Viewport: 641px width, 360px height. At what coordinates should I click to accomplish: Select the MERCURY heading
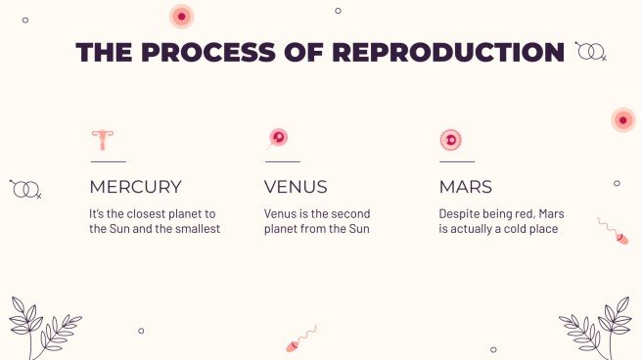click(x=135, y=187)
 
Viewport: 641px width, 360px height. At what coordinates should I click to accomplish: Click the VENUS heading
click(x=296, y=187)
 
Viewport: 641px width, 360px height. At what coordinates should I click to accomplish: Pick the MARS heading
click(x=466, y=187)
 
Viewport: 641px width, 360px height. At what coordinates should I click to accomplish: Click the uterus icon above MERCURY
click(x=102, y=139)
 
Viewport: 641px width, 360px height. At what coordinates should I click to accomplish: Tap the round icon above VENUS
click(x=278, y=138)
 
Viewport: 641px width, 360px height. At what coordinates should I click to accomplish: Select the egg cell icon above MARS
click(x=450, y=140)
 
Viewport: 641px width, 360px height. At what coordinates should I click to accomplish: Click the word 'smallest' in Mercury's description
click(x=196, y=229)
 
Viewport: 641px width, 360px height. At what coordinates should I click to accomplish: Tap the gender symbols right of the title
click(x=590, y=50)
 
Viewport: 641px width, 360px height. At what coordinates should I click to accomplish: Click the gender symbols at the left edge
click(x=25, y=188)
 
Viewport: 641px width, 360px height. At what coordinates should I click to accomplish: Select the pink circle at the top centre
click(x=181, y=17)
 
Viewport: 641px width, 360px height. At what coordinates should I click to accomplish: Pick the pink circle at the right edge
click(x=623, y=119)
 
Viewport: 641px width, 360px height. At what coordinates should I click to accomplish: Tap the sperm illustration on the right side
click(x=614, y=231)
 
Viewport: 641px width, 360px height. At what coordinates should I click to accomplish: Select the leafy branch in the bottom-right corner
click(x=600, y=328)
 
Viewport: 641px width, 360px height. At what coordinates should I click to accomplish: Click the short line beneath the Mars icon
click(x=456, y=161)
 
